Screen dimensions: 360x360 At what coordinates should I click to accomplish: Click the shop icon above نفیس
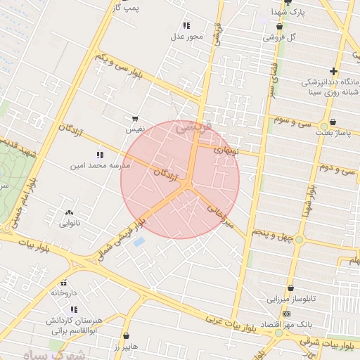point(134,119)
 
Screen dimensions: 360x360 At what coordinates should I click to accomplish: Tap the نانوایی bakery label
point(69,223)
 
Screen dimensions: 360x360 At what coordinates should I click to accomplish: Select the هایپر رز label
point(126,347)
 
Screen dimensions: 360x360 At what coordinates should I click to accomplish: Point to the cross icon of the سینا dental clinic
point(333,71)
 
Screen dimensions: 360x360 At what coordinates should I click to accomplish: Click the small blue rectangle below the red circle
point(139,242)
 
